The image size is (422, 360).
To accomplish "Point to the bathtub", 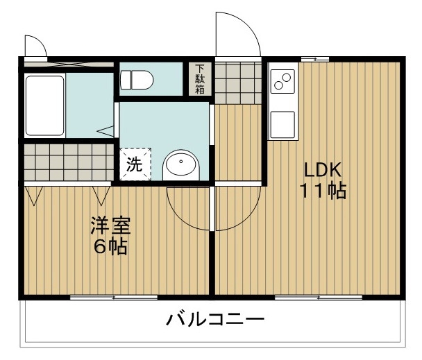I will pyautogui.click(x=45, y=106).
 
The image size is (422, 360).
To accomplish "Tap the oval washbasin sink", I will pyautogui.click(x=180, y=166).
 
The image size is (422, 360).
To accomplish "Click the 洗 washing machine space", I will pyautogui.click(x=134, y=164).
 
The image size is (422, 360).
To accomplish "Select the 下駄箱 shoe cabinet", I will pyautogui.click(x=200, y=79).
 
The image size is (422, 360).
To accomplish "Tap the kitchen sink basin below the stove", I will pyautogui.click(x=282, y=123).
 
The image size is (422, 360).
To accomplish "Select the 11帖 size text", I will pyautogui.click(x=323, y=191).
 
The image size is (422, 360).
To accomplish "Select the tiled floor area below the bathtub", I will pyautogui.click(x=67, y=162).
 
